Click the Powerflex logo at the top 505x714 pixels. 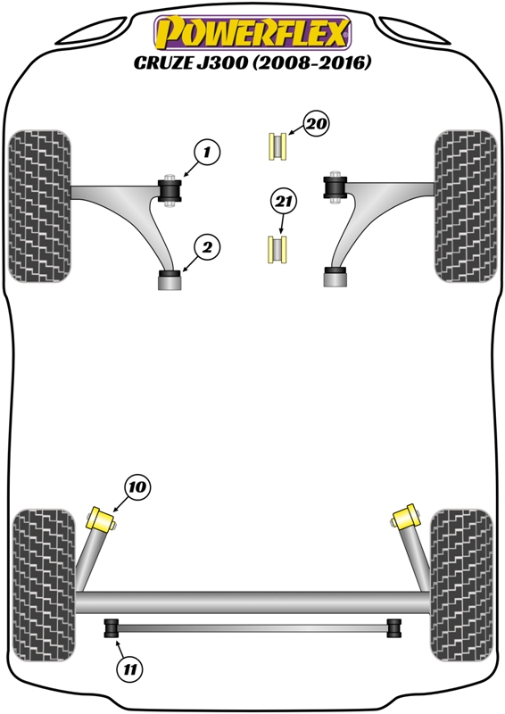(x=252, y=33)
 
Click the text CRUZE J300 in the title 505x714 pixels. (x=191, y=62)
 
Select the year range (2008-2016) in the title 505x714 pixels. (x=312, y=62)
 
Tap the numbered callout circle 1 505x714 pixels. (x=207, y=152)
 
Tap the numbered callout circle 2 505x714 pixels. (x=207, y=248)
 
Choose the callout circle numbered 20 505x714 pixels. (x=317, y=123)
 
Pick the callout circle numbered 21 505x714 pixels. (x=283, y=201)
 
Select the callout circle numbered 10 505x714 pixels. (x=137, y=486)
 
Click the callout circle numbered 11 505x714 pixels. (x=129, y=669)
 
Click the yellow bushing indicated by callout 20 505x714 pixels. (x=277, y=146)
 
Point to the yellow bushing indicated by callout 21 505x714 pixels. (x=277, y=249)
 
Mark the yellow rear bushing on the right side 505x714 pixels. (x=405, y=517)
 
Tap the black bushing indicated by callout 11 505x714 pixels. (x=112, y=628)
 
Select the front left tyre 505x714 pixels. (x=39, y=206)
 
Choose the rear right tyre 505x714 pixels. (x=461, y=585)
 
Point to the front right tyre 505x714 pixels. (x=466, y=206)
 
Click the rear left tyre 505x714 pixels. (x=44, y=585)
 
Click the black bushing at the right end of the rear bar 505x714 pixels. (x=393, y=628)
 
